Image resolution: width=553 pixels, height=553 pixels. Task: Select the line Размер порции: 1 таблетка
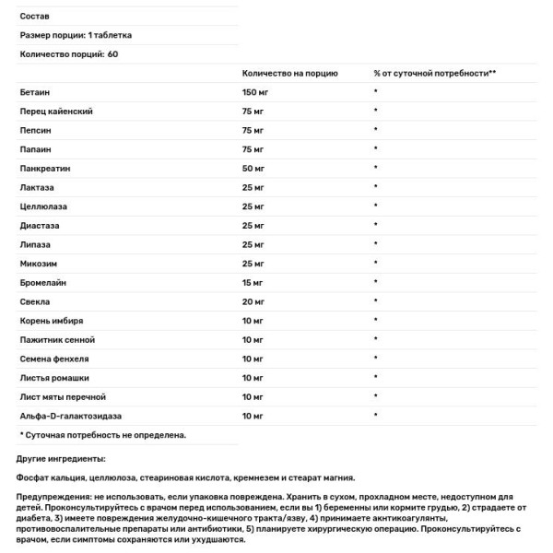pos(76,35)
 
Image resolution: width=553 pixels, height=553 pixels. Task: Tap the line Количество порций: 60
pos(69,54)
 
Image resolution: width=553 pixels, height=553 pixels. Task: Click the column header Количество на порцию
pos(289,73)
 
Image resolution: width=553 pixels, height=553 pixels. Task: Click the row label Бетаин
pos(33,92)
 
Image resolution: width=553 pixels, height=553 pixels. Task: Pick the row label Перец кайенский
pos(55,112)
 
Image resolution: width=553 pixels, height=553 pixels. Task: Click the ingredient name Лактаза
pos(36,189)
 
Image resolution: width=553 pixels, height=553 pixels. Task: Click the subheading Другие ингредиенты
pos(62,458)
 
